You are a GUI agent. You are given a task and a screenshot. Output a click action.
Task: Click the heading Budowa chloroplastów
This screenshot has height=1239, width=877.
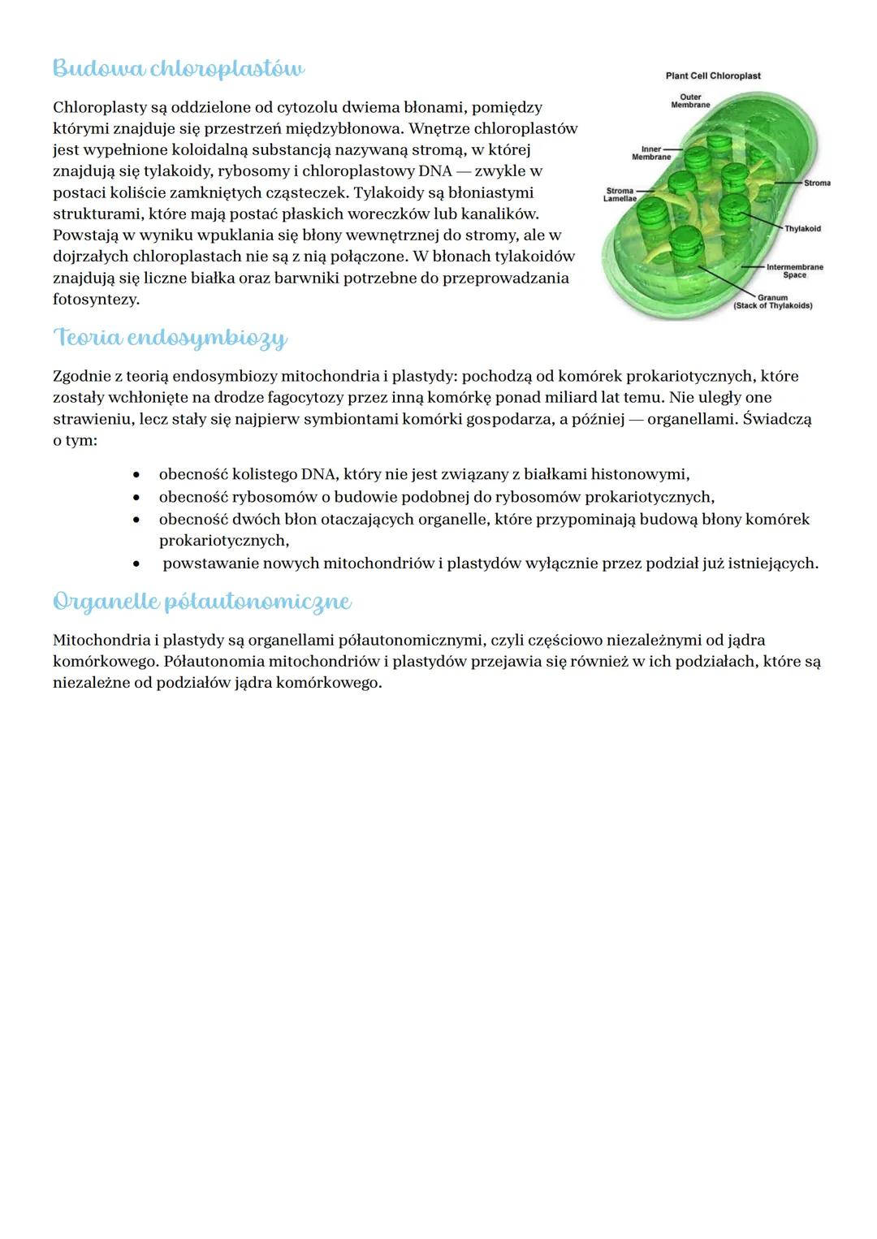point(179,69)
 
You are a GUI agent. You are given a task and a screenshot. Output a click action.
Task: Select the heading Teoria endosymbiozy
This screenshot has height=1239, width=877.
point(170,338)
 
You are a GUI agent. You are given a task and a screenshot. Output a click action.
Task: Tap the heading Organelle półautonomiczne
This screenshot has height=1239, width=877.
point(201,602)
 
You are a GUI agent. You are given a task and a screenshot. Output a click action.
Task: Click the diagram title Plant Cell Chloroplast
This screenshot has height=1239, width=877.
point(713,76)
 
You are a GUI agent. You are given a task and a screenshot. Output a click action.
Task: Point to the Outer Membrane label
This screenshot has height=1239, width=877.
point(690,101)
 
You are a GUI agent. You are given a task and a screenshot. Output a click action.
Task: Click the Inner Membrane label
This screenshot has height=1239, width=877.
point(651,153)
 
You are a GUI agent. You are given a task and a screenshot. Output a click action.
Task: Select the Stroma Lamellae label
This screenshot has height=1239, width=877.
point(620,195)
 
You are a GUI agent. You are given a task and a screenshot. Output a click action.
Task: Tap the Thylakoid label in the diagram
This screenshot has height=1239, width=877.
point(802,229)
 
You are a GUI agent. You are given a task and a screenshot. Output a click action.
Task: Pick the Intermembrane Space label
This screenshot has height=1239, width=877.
point(794,270)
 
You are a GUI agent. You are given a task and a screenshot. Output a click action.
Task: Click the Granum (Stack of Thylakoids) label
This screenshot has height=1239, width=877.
point(772,301)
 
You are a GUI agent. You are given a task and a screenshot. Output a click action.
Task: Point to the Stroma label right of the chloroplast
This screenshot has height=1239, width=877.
point(817,183)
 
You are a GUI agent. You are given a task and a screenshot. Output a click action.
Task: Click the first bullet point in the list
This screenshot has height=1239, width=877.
point(137,475)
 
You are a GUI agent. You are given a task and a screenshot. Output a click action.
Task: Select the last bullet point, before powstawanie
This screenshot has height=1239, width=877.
point(137,563)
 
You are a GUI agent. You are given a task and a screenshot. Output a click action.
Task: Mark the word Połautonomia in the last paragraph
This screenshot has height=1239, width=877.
point(214,662)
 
